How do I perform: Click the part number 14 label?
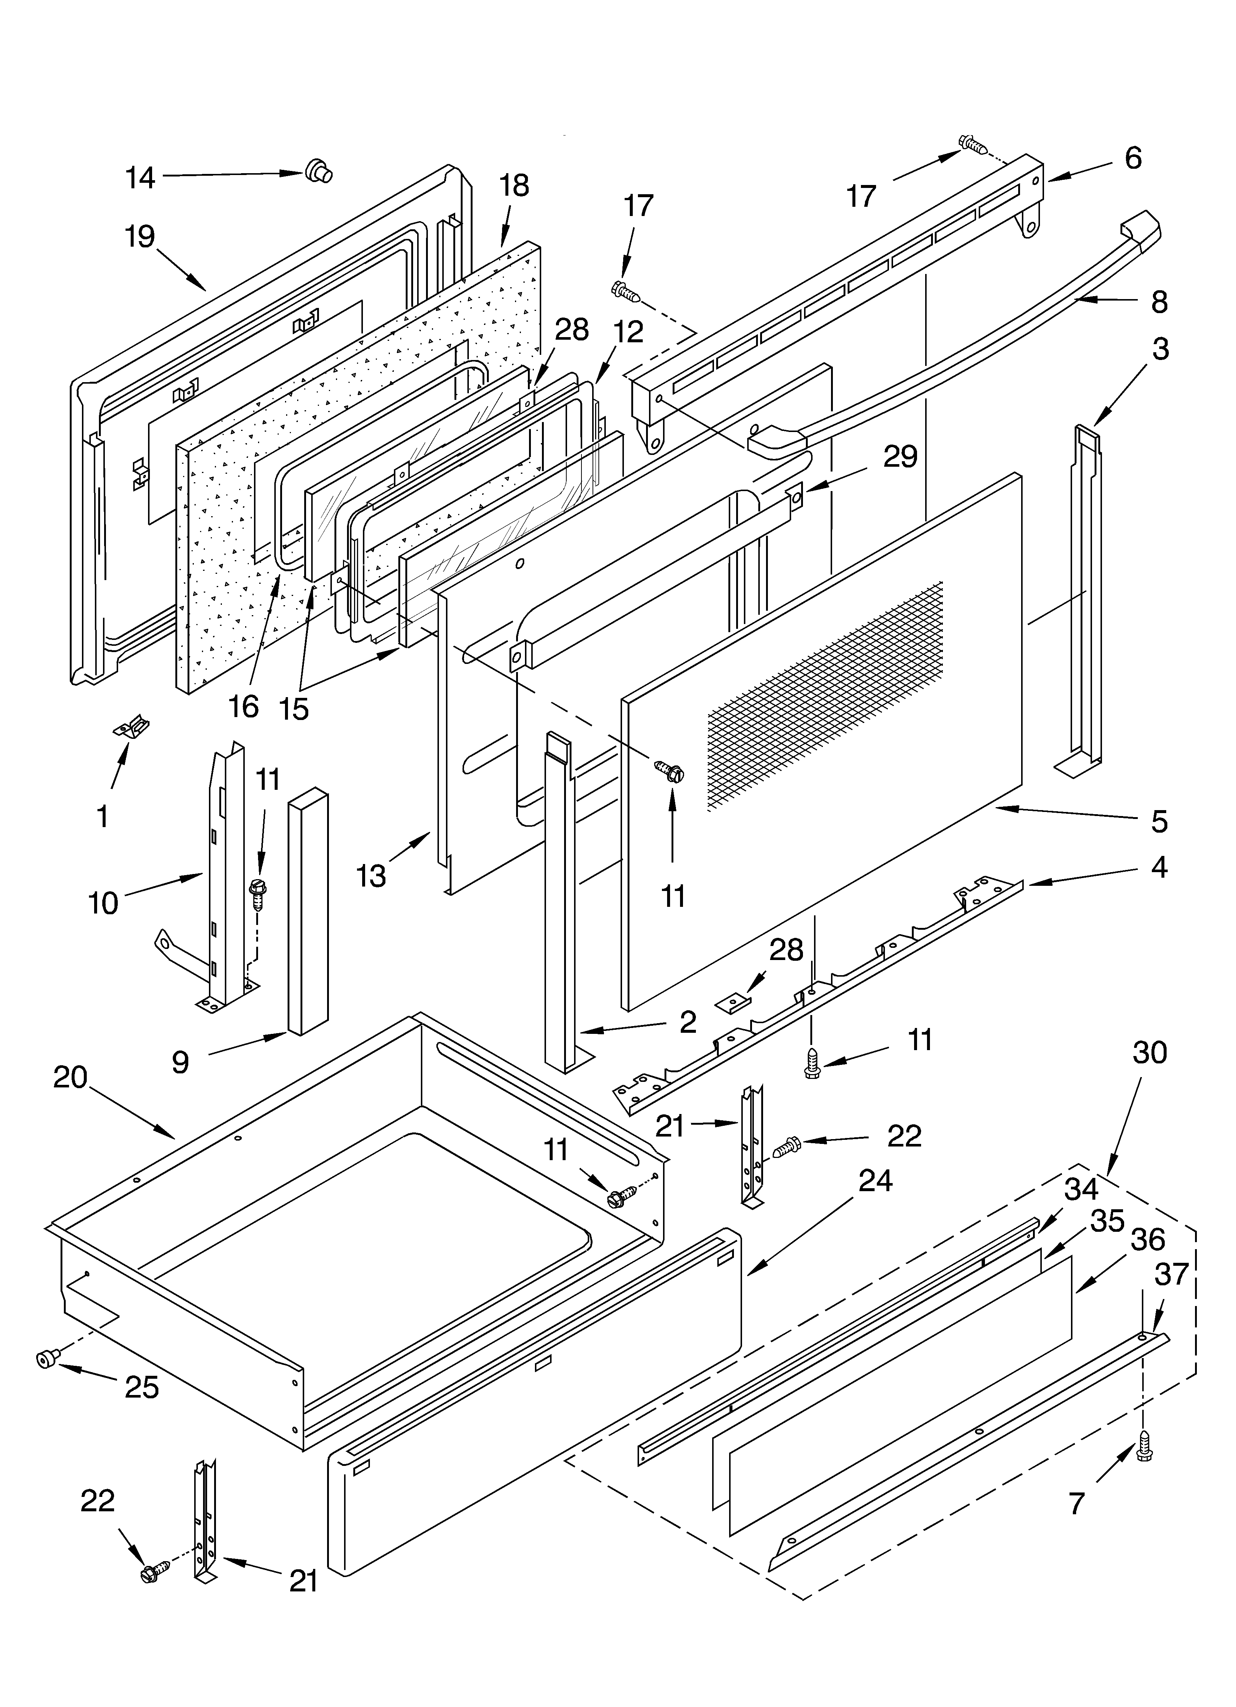pos(140,178)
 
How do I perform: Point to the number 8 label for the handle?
pos(1159,302)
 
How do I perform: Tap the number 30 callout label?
pos(1150,1052)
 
